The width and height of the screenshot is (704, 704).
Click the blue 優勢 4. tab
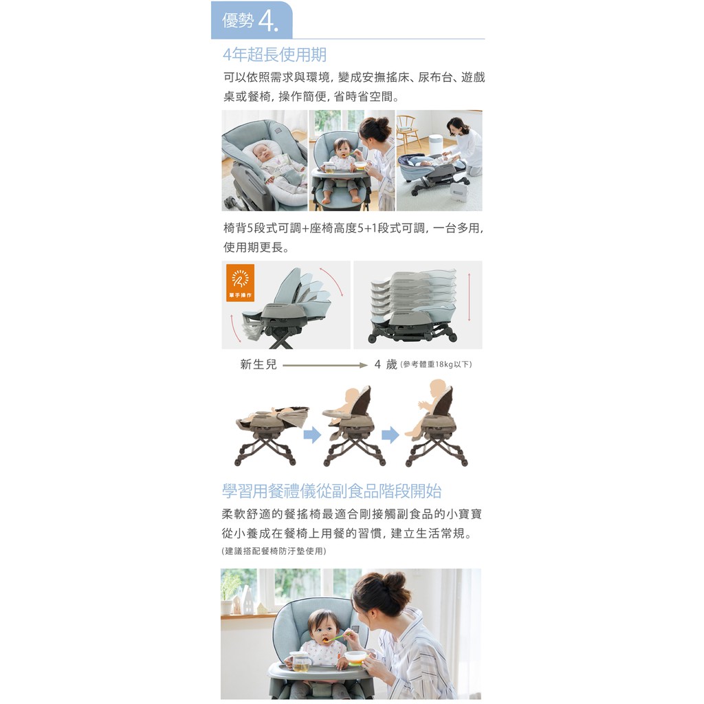[x=252, y=20]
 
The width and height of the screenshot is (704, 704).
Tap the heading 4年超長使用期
[x=275, y=55]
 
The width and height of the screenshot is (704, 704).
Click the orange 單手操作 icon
[x=240, y=283]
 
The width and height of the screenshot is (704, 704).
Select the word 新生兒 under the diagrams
[x=258, y=364]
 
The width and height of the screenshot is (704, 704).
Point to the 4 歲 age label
[x=386, y=364]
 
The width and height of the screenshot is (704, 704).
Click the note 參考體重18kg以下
[x=435, y=364]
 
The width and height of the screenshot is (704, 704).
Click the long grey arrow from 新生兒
[x=325, y=365]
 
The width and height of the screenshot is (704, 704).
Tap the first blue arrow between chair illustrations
[x=313, y=434]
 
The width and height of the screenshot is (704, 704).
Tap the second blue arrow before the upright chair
[x=390, y=434]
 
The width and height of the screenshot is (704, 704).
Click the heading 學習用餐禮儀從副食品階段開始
[x=332, y=491]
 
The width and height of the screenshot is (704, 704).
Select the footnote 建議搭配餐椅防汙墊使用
[x=274, y=551]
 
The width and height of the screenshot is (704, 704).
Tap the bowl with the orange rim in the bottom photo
[x=357, y=657]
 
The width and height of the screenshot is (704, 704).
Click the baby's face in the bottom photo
[x=323, y=631]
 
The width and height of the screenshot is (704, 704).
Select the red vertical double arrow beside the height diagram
[x=469, y=297]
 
